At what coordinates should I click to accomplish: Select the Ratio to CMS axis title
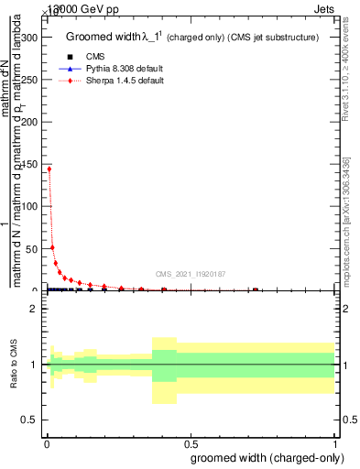pos(16,365)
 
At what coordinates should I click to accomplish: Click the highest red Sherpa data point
pos(48,169)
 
